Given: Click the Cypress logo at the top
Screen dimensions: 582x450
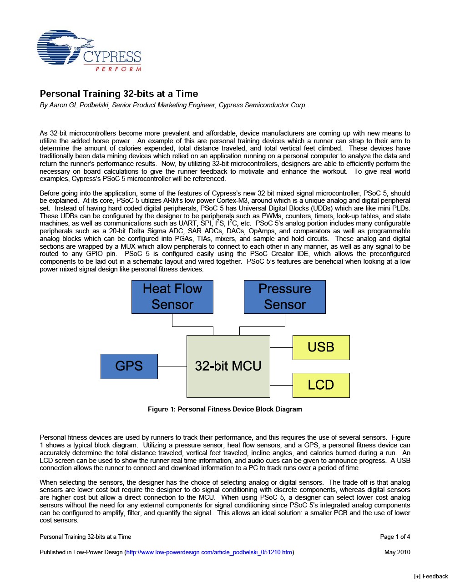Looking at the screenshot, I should (89, 50).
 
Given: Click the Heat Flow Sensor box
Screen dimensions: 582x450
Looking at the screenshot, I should (172, 297).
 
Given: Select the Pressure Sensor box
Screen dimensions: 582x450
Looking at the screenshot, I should (284, 297).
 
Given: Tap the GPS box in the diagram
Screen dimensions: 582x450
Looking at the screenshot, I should (129, 366).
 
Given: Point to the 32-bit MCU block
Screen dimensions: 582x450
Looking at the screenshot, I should (228, 366).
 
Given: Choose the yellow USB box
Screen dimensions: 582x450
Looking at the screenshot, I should (321, 347).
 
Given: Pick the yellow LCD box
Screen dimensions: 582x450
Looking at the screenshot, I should (321, 385).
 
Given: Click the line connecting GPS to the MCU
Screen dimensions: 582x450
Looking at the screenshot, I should (172, 366).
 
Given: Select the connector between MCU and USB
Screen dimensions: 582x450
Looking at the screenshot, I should (281, 348).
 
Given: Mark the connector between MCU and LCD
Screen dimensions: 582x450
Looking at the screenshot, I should (281, 386).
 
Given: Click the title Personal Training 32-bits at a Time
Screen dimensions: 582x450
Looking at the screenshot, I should (119, 94).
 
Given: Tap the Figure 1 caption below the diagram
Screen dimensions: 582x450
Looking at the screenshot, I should (225, 409).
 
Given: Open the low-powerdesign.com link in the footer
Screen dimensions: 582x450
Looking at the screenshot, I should (209, 552).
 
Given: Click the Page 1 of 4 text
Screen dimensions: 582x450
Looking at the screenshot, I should (395, 537).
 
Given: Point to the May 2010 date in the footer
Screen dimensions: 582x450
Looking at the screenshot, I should (397, 552).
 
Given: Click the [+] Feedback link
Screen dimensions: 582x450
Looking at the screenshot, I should (431, 577).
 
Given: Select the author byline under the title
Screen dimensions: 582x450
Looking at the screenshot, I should (173, 105).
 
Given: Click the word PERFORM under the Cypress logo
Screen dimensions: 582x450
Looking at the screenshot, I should (118, 69).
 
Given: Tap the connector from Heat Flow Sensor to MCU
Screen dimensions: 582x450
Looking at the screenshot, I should (192, 327).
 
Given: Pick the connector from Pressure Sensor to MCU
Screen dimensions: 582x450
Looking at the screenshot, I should (262, 327).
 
